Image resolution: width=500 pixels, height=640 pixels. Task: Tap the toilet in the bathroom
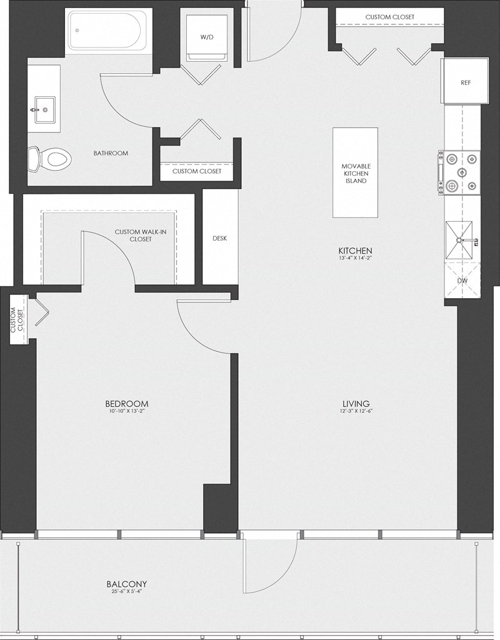click(x=51, y=157)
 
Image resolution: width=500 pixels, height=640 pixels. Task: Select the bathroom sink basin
click(x=44, y=111)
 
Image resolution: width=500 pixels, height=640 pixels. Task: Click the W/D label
click(x=207, y=37)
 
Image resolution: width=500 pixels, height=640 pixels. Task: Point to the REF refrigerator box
click(x=465, y=82)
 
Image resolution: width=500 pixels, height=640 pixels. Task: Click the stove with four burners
click(x=461, y=172)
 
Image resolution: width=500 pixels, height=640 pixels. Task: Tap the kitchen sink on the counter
click(x=459, y=241)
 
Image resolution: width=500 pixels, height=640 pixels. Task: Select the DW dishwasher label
click(x=462, y=281)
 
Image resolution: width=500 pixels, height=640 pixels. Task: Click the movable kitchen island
click(x=355, y=172)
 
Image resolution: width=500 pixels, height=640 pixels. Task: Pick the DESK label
click(x=219, y=238)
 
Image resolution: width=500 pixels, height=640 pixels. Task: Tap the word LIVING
click(x=356, y=404)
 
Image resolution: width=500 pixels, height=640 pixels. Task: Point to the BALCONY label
click(x=127, y=585)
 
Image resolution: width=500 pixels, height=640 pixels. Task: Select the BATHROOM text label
click(x=111, y=153)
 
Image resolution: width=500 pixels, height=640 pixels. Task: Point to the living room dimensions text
click(x=356, y=411)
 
